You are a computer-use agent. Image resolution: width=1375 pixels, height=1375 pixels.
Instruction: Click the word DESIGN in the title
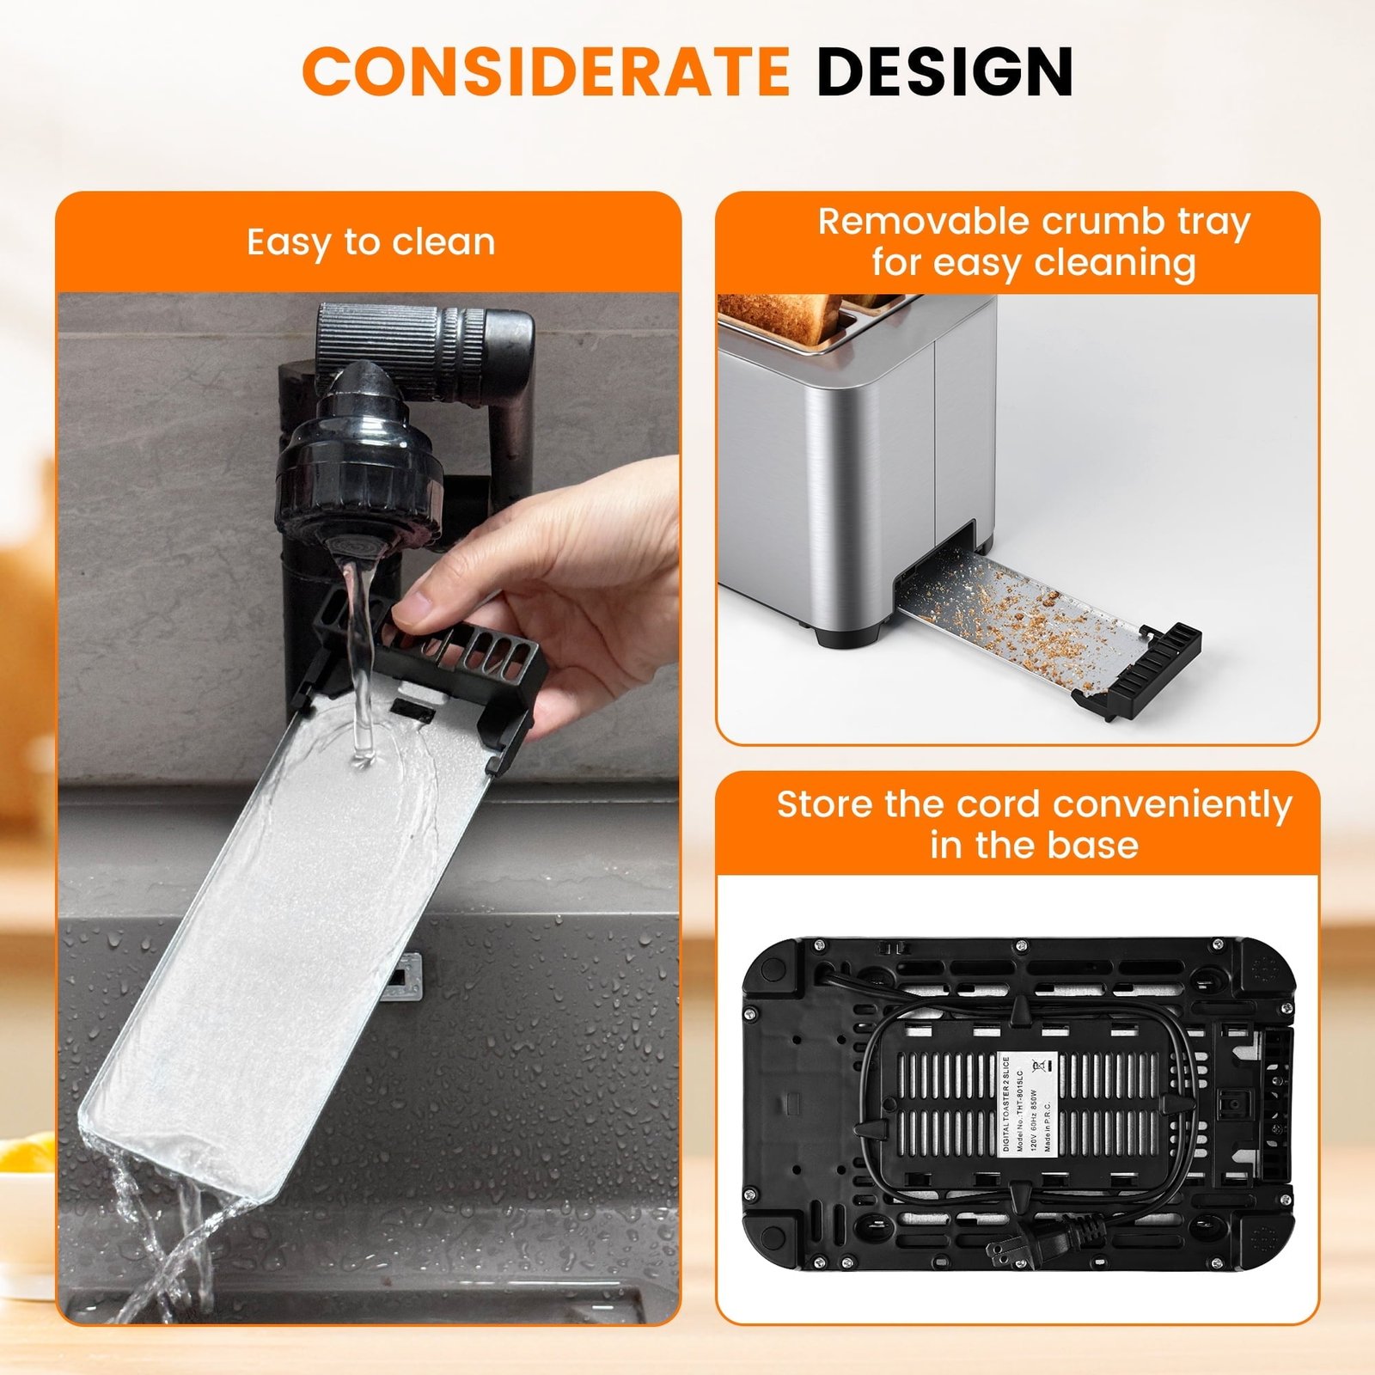(x=944, y=71)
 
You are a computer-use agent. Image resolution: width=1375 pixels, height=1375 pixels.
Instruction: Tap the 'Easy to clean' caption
(x=370, y=242)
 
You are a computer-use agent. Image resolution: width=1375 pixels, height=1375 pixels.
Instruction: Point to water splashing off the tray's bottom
(x=163, y=1237)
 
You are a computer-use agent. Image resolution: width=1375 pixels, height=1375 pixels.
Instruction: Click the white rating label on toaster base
(x=1029, y=1104)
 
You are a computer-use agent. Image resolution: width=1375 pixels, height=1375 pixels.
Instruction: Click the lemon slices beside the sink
(x=26, y=1156)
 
